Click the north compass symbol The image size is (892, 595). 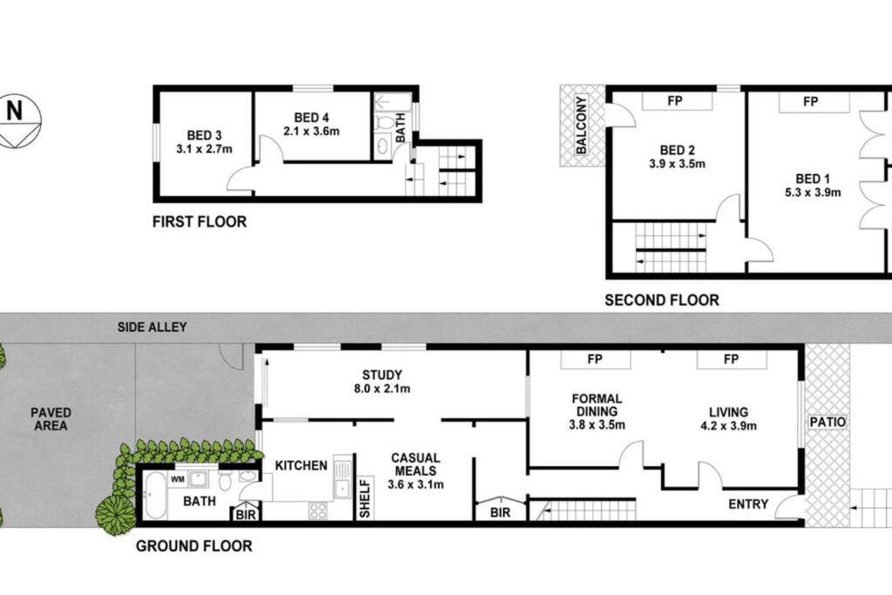(x=19, y=121)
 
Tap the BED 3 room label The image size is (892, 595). (x=204, y=135)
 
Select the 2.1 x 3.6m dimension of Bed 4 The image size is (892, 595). (x=312, y=132)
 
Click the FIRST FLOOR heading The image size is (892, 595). (x=199, y=222)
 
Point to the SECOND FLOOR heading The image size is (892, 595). (x=662, y=300)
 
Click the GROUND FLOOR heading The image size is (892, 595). (x=194, y=546)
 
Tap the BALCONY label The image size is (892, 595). (x=581, y=125)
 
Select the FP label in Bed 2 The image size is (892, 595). (x=675, y=101)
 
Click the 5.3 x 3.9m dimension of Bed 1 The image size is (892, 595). (x=813, y=193)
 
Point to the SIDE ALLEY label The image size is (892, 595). (x=152, y=327)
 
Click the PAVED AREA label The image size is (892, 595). (x=51, y=419)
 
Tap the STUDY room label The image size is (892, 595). (x=382, y=375)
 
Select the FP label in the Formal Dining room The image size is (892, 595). (x=595, y=360)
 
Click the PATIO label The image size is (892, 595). (x=828, y=422)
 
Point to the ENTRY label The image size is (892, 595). (x=748, y=504)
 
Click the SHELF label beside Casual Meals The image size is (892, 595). (x=365, y=498)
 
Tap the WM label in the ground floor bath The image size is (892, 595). (x=178, y=479)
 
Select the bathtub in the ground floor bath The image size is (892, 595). (x=155, y=496)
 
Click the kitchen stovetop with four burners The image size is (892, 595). (x=318, y=510)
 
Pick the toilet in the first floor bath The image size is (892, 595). (x=384, y=122)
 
